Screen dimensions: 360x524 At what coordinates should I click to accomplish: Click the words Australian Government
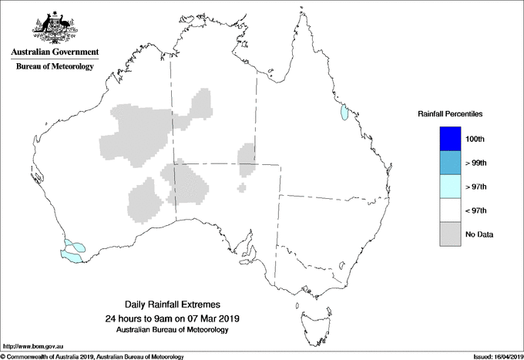[55, 52]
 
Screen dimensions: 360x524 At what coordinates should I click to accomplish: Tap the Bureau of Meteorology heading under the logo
[55, 66]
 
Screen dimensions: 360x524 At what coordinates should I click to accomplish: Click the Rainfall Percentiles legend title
[450, 113]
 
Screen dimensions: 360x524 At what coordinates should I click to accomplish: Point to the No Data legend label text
[479, 234]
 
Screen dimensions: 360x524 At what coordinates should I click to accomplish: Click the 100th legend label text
[475, 139]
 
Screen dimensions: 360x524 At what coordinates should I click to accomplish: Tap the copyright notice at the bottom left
[92, 355]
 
